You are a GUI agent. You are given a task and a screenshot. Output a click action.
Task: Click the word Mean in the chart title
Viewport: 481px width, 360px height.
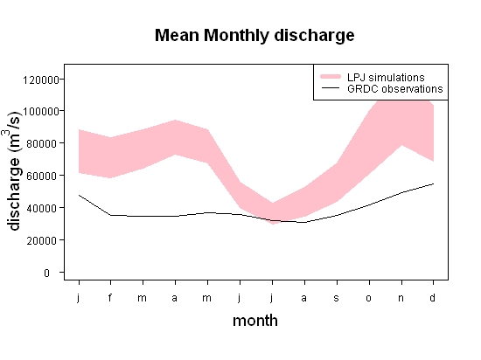pos(177,35)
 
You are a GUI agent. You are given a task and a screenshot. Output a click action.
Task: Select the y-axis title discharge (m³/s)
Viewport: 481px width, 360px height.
pos(13,171)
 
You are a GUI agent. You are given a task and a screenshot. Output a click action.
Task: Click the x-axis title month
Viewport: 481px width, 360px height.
pos(255,321)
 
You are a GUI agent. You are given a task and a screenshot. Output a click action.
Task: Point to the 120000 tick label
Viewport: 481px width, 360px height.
pos(41,80)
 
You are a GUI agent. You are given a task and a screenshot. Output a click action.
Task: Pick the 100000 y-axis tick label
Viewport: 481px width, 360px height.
pos(41,111)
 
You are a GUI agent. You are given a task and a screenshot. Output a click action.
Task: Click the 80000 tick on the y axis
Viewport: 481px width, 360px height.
pos(42,143)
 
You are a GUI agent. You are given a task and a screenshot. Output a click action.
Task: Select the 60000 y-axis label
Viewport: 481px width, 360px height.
pos(42,177)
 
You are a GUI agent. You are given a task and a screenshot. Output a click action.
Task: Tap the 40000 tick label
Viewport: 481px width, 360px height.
pos(42,208)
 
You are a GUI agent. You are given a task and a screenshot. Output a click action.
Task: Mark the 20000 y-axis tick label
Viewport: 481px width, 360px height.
pos(42,241)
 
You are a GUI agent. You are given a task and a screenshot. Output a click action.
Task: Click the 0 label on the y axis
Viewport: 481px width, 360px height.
pos(46,273)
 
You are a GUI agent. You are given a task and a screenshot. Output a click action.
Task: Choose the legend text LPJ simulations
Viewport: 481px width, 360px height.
pos(386,77)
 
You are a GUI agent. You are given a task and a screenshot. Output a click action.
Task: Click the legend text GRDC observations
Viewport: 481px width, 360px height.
pos(395,89)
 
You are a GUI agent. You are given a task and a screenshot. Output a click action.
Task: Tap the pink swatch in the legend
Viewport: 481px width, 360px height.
pos(331,77)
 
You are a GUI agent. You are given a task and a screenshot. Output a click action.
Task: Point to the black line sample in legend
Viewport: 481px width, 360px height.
pos(331,88)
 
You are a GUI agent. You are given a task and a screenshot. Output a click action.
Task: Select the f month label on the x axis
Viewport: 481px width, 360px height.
pos(110,297)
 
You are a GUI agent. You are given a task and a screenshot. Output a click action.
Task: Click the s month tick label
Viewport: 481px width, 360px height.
pos(337,298)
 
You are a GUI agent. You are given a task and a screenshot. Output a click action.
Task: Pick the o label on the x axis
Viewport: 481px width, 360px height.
pos(369,298)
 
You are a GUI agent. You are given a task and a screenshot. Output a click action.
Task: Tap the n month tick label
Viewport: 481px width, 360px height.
pos(401,298)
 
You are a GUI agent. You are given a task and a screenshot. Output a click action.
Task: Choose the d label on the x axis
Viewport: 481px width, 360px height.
pos(433,297)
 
